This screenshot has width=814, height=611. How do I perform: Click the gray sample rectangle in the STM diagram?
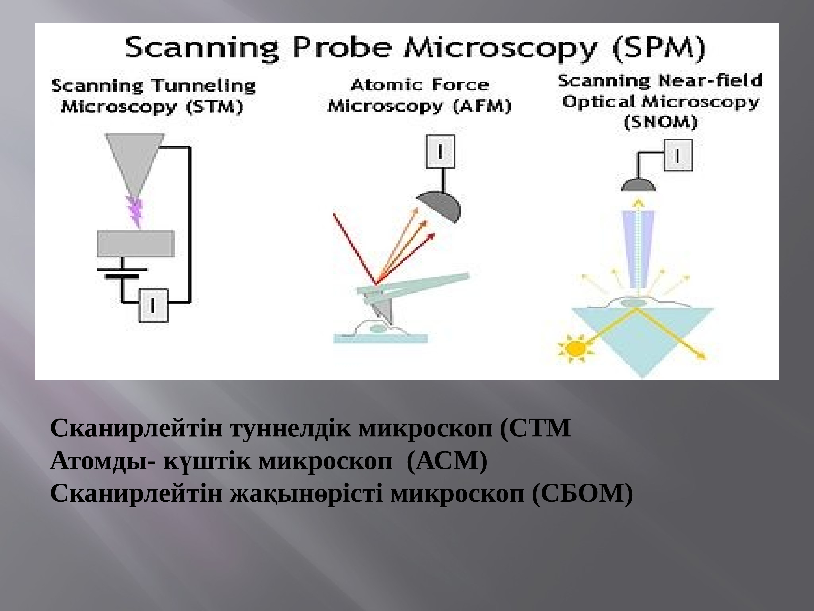(135, 243)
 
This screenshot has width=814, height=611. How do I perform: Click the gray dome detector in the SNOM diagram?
(638, 185)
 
